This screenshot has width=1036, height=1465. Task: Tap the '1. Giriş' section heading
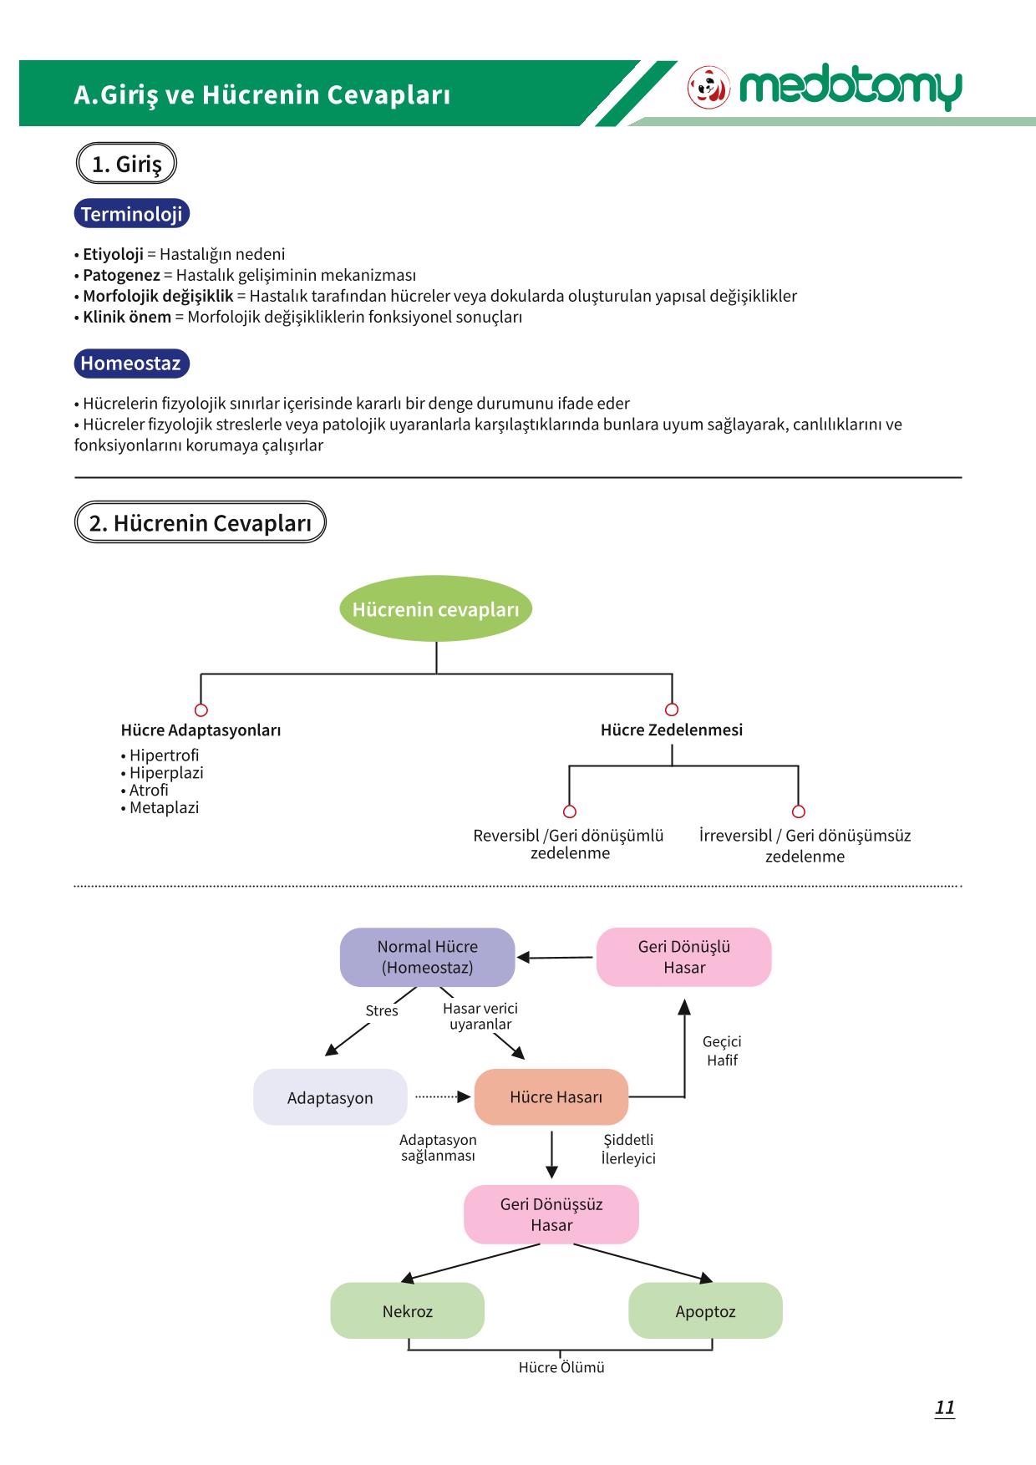(126, 164)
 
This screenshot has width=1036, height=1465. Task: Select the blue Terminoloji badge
(132, 214)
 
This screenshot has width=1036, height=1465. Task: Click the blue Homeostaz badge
(131, 364)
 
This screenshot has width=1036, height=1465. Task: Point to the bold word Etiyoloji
(114, 254)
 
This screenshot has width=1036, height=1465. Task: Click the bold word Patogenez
(121, 275)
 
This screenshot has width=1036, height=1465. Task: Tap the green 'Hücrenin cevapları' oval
(435, 609)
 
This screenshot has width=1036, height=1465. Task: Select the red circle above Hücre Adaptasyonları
(201, 710)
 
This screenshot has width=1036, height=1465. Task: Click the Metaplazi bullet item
(160, 808)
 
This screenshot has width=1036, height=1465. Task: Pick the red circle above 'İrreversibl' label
(798, 811)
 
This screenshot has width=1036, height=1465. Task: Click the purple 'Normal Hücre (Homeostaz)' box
(427, 957)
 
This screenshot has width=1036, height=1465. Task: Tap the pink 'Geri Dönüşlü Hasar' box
(684, 957)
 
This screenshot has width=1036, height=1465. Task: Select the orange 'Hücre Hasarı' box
(551, 1097)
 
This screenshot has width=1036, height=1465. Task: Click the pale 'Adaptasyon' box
(330, 1097)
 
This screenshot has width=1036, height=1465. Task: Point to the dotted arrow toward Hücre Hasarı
(443, 1097)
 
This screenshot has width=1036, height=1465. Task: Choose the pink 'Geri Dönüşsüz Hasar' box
(551, 1214)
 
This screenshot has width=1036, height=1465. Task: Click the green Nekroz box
(408, 1311)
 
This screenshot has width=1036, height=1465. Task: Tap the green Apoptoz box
(705, 1311)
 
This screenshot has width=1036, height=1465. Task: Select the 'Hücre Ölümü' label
(561, 1368)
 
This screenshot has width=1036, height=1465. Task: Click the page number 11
(945, 1408)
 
